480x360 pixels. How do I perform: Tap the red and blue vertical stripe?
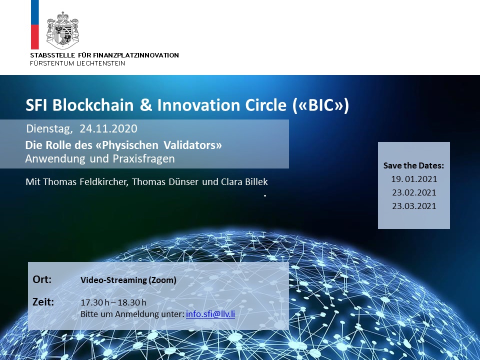[35, 24]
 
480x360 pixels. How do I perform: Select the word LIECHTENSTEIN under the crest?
[100, 63]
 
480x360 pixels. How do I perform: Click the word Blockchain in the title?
[93, 105]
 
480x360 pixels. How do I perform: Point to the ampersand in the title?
[146, 105]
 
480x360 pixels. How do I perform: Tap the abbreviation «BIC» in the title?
[320, 105]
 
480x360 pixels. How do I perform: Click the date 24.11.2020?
[108, 128]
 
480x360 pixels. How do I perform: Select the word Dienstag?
[49, 129]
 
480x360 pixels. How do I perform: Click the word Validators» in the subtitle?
[192, 145]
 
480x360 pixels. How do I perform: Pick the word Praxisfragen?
[144, 159]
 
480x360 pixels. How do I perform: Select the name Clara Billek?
[244, 182]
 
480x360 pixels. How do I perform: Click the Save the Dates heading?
[413, 165]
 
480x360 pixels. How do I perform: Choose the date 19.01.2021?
[414, 179]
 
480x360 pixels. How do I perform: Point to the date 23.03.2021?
[414, 206]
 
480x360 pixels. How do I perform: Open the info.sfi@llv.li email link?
[210, 314]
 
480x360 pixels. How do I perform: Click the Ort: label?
[42, 279]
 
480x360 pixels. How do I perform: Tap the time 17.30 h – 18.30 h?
[113, 302]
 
